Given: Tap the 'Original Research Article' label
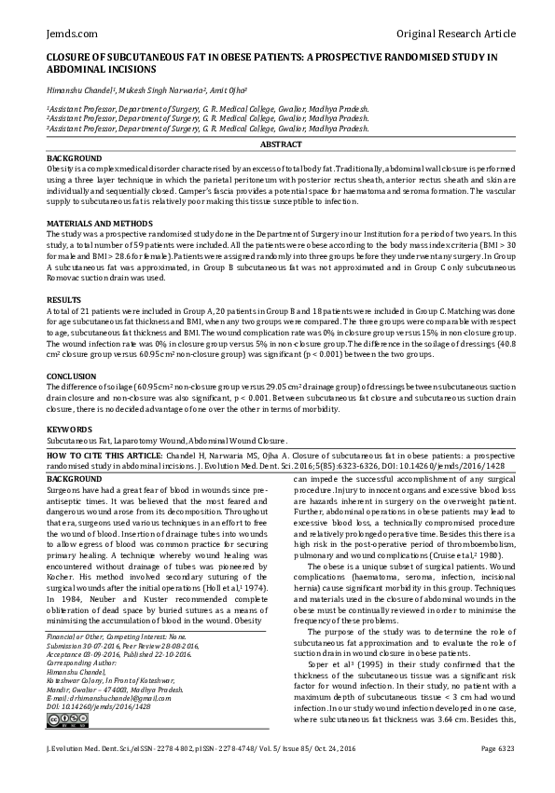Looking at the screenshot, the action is [456, 34].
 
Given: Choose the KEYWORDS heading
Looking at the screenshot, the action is [69, 429].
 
